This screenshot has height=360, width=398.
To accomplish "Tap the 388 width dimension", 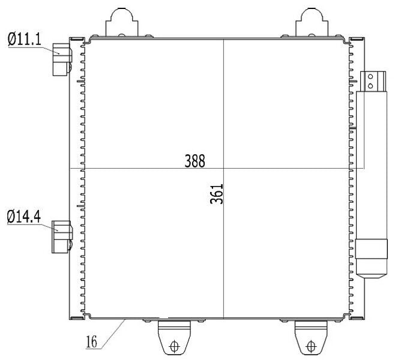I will (195, 161).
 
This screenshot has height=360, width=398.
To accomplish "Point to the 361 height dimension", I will (217, 194).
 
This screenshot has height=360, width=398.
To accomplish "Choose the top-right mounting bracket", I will (311, 23).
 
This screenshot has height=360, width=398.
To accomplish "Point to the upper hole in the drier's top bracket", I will (371, 77).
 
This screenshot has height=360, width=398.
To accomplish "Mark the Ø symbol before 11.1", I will (11, 41).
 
